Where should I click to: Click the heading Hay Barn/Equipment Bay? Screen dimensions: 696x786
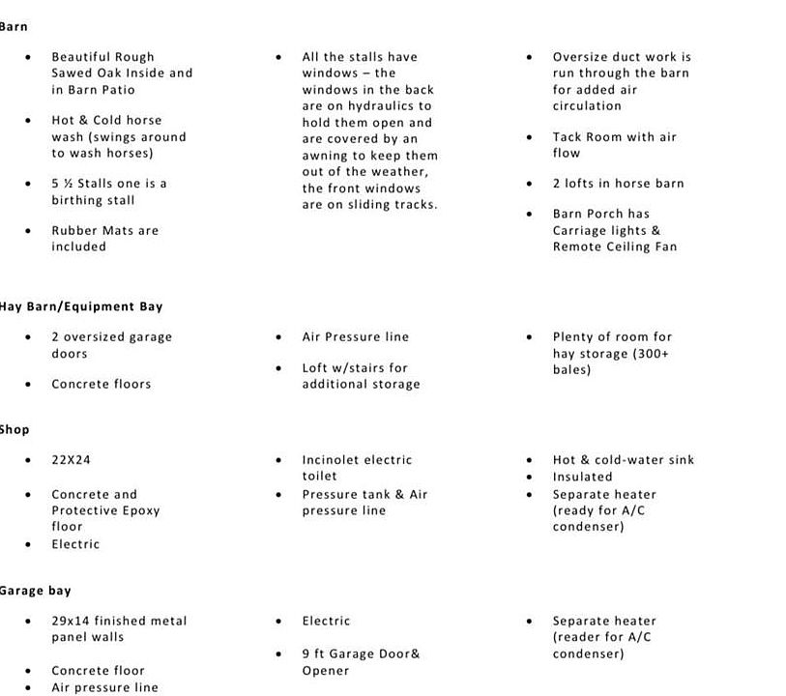[81, 306]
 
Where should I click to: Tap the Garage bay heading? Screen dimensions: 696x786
[35, 591]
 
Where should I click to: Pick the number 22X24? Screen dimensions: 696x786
[71, 460]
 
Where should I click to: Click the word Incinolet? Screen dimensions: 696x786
[333, 460]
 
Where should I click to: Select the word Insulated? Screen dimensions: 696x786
[582, 477]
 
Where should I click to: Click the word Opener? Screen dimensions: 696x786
[326, 671]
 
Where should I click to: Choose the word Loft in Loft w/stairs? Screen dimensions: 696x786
[317, 368]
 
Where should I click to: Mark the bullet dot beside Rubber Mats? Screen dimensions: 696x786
[29, 231]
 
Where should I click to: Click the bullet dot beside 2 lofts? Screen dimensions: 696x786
[530, 184]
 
